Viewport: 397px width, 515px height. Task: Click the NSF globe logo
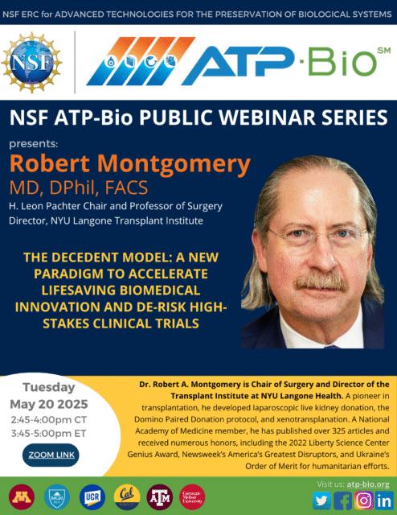tap(32, 63)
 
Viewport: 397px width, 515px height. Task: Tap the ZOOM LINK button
tap(51, 455)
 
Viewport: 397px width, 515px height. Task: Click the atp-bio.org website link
tap(368, 484)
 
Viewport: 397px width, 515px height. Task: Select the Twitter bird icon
tap(321, 501)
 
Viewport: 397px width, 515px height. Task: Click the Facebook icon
tap(342, 501)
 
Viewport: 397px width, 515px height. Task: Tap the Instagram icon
tap(363, 501)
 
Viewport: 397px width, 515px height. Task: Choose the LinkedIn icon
tap(384, 501)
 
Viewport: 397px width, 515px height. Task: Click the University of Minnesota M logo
tap(22, 497)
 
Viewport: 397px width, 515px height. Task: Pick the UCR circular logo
tap(92, 497)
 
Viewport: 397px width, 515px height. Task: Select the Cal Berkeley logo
tap(127, 497)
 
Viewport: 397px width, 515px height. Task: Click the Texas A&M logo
tap(160, 497)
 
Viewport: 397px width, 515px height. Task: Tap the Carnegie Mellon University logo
tap(192, 497)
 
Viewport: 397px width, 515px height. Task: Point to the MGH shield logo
tap(57, 497)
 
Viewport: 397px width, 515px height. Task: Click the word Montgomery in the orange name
tap(174, 165)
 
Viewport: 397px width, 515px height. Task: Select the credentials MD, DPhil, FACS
tap(79, 187)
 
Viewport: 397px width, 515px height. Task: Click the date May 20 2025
tap(49, 404)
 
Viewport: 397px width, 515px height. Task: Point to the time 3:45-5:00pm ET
tap(48, 434)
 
